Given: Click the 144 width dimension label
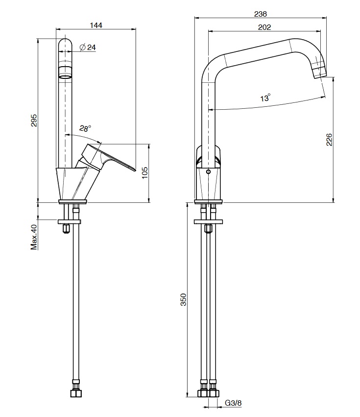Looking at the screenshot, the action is coord(96,25).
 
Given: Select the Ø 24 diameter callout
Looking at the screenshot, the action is coord(88,48).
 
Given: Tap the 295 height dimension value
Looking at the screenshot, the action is coord(34,121).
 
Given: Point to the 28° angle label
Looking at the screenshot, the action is coord(85,128).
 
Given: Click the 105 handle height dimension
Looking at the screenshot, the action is coord(145,173).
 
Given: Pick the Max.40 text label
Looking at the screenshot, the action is coord(34,237).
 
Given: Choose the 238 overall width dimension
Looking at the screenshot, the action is coord(260,14).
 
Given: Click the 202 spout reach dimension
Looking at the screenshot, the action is coord(264,27).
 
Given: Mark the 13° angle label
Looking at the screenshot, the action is coord(265,98).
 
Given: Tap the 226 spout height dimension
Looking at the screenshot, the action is coord(329,140).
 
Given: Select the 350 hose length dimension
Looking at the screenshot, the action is coord(184,299).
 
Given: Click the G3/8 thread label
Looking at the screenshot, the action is coord(233,403).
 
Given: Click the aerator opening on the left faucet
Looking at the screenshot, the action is coord(65,77).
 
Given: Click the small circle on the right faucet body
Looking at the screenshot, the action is coord(209,172).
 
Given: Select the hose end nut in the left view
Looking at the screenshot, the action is coord(76,393).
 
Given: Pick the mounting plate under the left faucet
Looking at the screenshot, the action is coord(69,221).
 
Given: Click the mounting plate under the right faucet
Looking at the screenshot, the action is coord(209,221).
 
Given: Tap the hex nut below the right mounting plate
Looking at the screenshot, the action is coord(209,228).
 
